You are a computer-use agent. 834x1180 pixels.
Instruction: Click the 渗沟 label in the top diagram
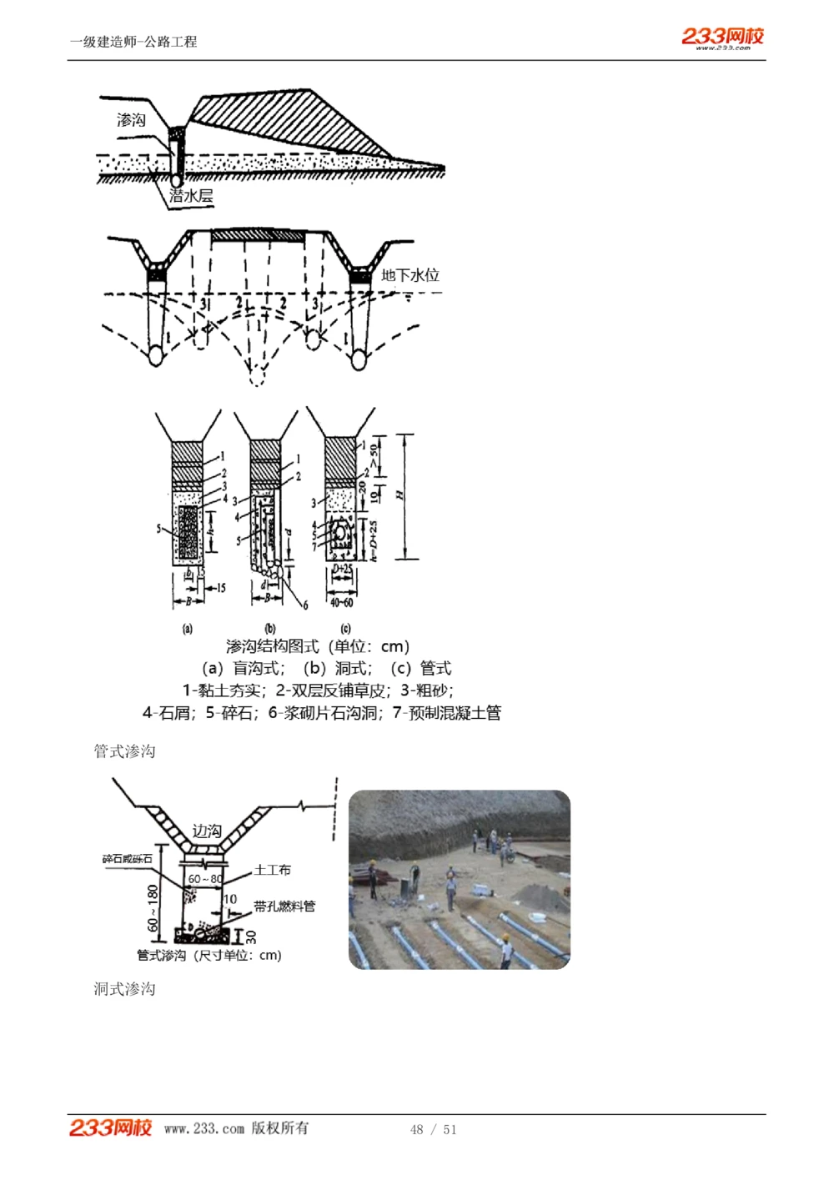(131, 120)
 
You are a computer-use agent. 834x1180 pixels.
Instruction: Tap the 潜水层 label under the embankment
(191, 196)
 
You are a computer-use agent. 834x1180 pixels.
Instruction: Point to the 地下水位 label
(409, 275)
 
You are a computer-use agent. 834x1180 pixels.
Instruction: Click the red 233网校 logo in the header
(722, 37)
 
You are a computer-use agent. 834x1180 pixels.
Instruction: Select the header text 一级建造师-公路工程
(133, 42)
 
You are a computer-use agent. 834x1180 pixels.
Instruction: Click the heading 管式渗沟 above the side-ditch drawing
(124, 751)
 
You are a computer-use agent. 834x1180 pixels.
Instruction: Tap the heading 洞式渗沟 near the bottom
(124, 989)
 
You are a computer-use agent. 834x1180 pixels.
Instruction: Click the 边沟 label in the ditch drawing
(207, 831)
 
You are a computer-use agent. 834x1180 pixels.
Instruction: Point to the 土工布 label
(272, 870)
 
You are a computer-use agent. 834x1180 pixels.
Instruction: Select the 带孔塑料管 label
(284, 906)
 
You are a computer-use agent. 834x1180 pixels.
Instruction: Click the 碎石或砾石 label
(128, 859)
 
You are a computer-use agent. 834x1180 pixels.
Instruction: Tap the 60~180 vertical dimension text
(153, 908)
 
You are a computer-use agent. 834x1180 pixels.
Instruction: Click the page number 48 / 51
(433, 1129)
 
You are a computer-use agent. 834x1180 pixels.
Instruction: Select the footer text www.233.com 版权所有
(236, 1128)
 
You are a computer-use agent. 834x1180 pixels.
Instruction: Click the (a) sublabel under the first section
(187, 628)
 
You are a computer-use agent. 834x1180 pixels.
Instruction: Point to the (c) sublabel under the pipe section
(345, 628)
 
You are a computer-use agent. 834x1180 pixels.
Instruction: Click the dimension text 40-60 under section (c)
(341, 602)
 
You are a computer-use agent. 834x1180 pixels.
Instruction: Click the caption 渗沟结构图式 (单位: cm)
(317, 646)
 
